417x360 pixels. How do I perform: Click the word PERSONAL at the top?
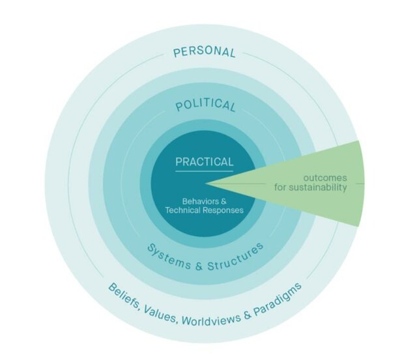tap(204, 51)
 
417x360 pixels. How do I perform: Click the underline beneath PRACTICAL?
tap(204, 171)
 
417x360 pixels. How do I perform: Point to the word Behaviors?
tap(197, 201)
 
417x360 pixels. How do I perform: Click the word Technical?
tap(183, 210)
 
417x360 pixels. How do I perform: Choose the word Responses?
tap(224, 210)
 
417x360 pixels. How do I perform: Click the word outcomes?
tap(324, 177)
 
